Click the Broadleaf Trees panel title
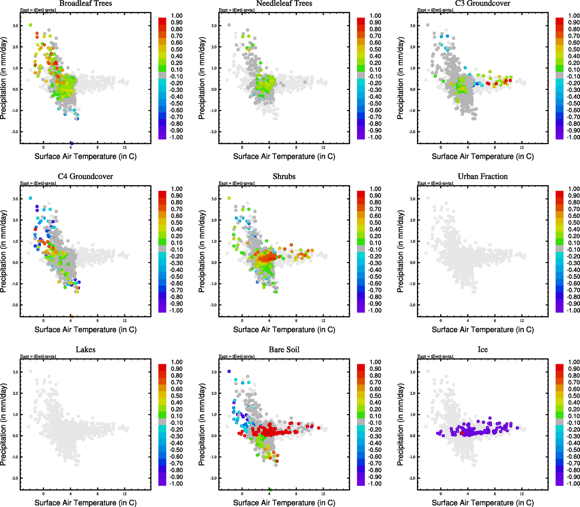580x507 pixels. pos(86,3)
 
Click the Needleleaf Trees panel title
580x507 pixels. pos(284,3)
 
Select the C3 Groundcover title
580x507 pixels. pos(483,3)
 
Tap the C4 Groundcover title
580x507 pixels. pos(86,177)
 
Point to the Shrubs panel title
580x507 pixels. pos(284,177)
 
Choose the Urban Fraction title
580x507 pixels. pos(483,177)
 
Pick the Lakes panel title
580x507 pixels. pos(86,350)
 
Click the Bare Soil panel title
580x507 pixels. pos(284,350)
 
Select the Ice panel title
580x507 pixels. pos(483,350)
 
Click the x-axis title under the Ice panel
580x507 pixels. pos(483,503)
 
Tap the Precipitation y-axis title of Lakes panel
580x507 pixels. pos(4,425)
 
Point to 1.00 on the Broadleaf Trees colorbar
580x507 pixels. pos(177,16)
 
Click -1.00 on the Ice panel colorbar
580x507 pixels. pos(574,484)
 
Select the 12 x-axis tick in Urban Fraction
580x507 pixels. pos(522,321)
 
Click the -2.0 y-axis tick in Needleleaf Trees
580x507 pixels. pos(214,132)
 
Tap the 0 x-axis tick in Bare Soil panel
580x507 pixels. pos(242,494)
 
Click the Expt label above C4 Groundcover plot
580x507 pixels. pos(38,183)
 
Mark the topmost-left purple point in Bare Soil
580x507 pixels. pos(229,371)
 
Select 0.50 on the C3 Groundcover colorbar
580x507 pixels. pos(574,49)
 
